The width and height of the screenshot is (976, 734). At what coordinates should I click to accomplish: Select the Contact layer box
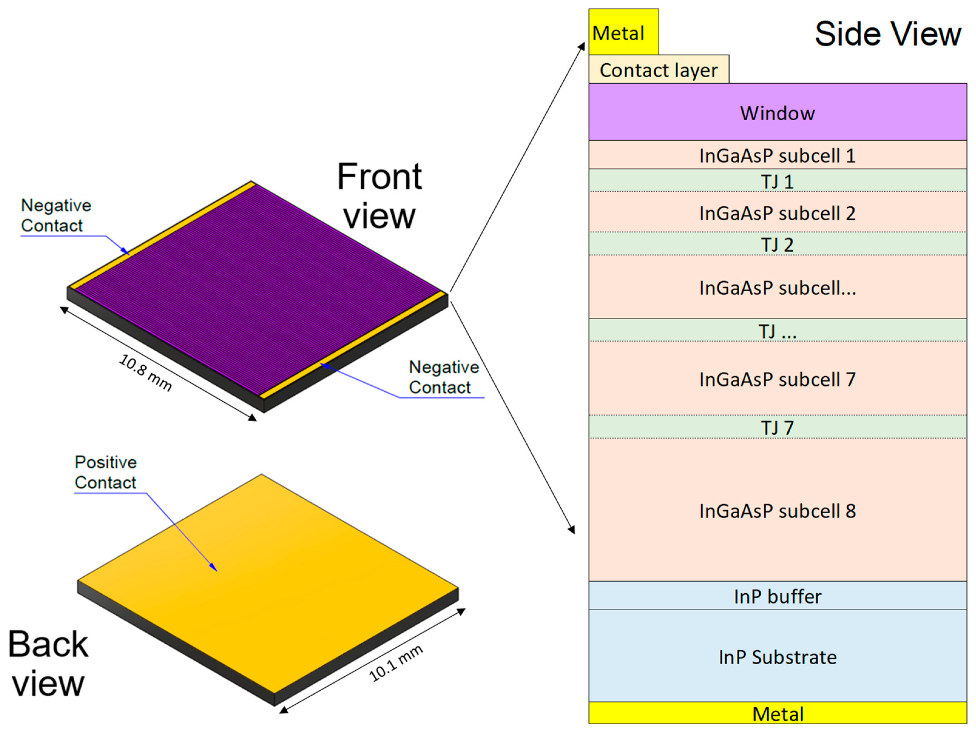click(x=658, y=70)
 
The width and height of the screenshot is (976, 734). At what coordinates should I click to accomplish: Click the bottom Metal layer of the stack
click(x=778, y=714)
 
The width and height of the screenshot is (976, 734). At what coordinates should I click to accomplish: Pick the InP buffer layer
click(x=778, y=596)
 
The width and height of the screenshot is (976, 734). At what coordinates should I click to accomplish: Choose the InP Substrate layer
click(x=778, y=657)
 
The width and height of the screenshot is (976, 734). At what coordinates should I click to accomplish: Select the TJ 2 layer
click(x=778, y=244)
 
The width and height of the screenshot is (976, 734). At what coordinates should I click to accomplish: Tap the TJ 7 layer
click(x=778, y=427)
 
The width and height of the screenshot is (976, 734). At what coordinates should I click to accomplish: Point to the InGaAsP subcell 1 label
click(x=778, y=156)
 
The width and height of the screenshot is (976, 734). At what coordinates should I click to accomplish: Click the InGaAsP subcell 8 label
click(x=778, y=511)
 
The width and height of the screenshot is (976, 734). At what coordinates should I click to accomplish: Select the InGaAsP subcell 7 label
click(x=778, y=379)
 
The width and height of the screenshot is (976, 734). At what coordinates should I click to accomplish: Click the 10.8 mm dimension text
click(x=145, y=373)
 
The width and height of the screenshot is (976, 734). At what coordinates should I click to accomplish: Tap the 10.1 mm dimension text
click(x=396, y=663)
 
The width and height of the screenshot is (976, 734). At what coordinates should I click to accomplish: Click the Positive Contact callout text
click(x=106, y=472)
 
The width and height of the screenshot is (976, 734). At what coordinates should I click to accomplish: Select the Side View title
click(x=887, y=34)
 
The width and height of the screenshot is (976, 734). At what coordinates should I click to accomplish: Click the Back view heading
click(x=48, y=663)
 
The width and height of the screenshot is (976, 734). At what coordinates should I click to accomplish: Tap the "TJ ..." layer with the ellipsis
click(x=778, y=331)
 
